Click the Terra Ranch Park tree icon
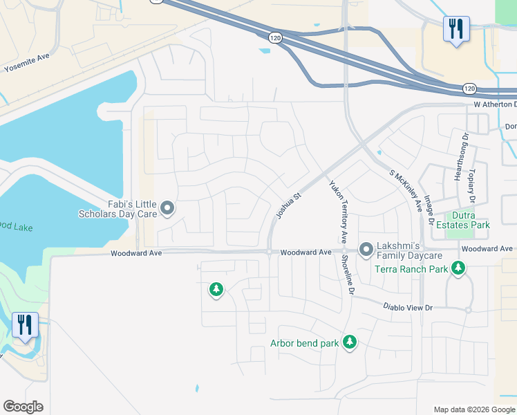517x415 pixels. pos(458,268)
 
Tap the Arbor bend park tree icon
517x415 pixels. pos(350,342)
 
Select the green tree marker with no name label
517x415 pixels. pos(216,289)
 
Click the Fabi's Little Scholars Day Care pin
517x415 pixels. pos(167,207)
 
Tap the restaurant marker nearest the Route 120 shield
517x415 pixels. pos(456,29)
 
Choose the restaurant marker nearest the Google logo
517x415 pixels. pos(26,326)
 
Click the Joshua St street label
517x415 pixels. pos(289,205)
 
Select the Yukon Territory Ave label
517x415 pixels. pos(337,212)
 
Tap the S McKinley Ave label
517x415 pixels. pos(406,190)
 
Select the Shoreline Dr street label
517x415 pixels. pos(347,275)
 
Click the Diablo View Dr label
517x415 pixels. pos(408,306)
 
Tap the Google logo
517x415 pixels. pos(23,407)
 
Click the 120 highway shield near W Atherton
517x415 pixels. pos(469,89)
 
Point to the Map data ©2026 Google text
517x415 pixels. pos(473,409)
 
